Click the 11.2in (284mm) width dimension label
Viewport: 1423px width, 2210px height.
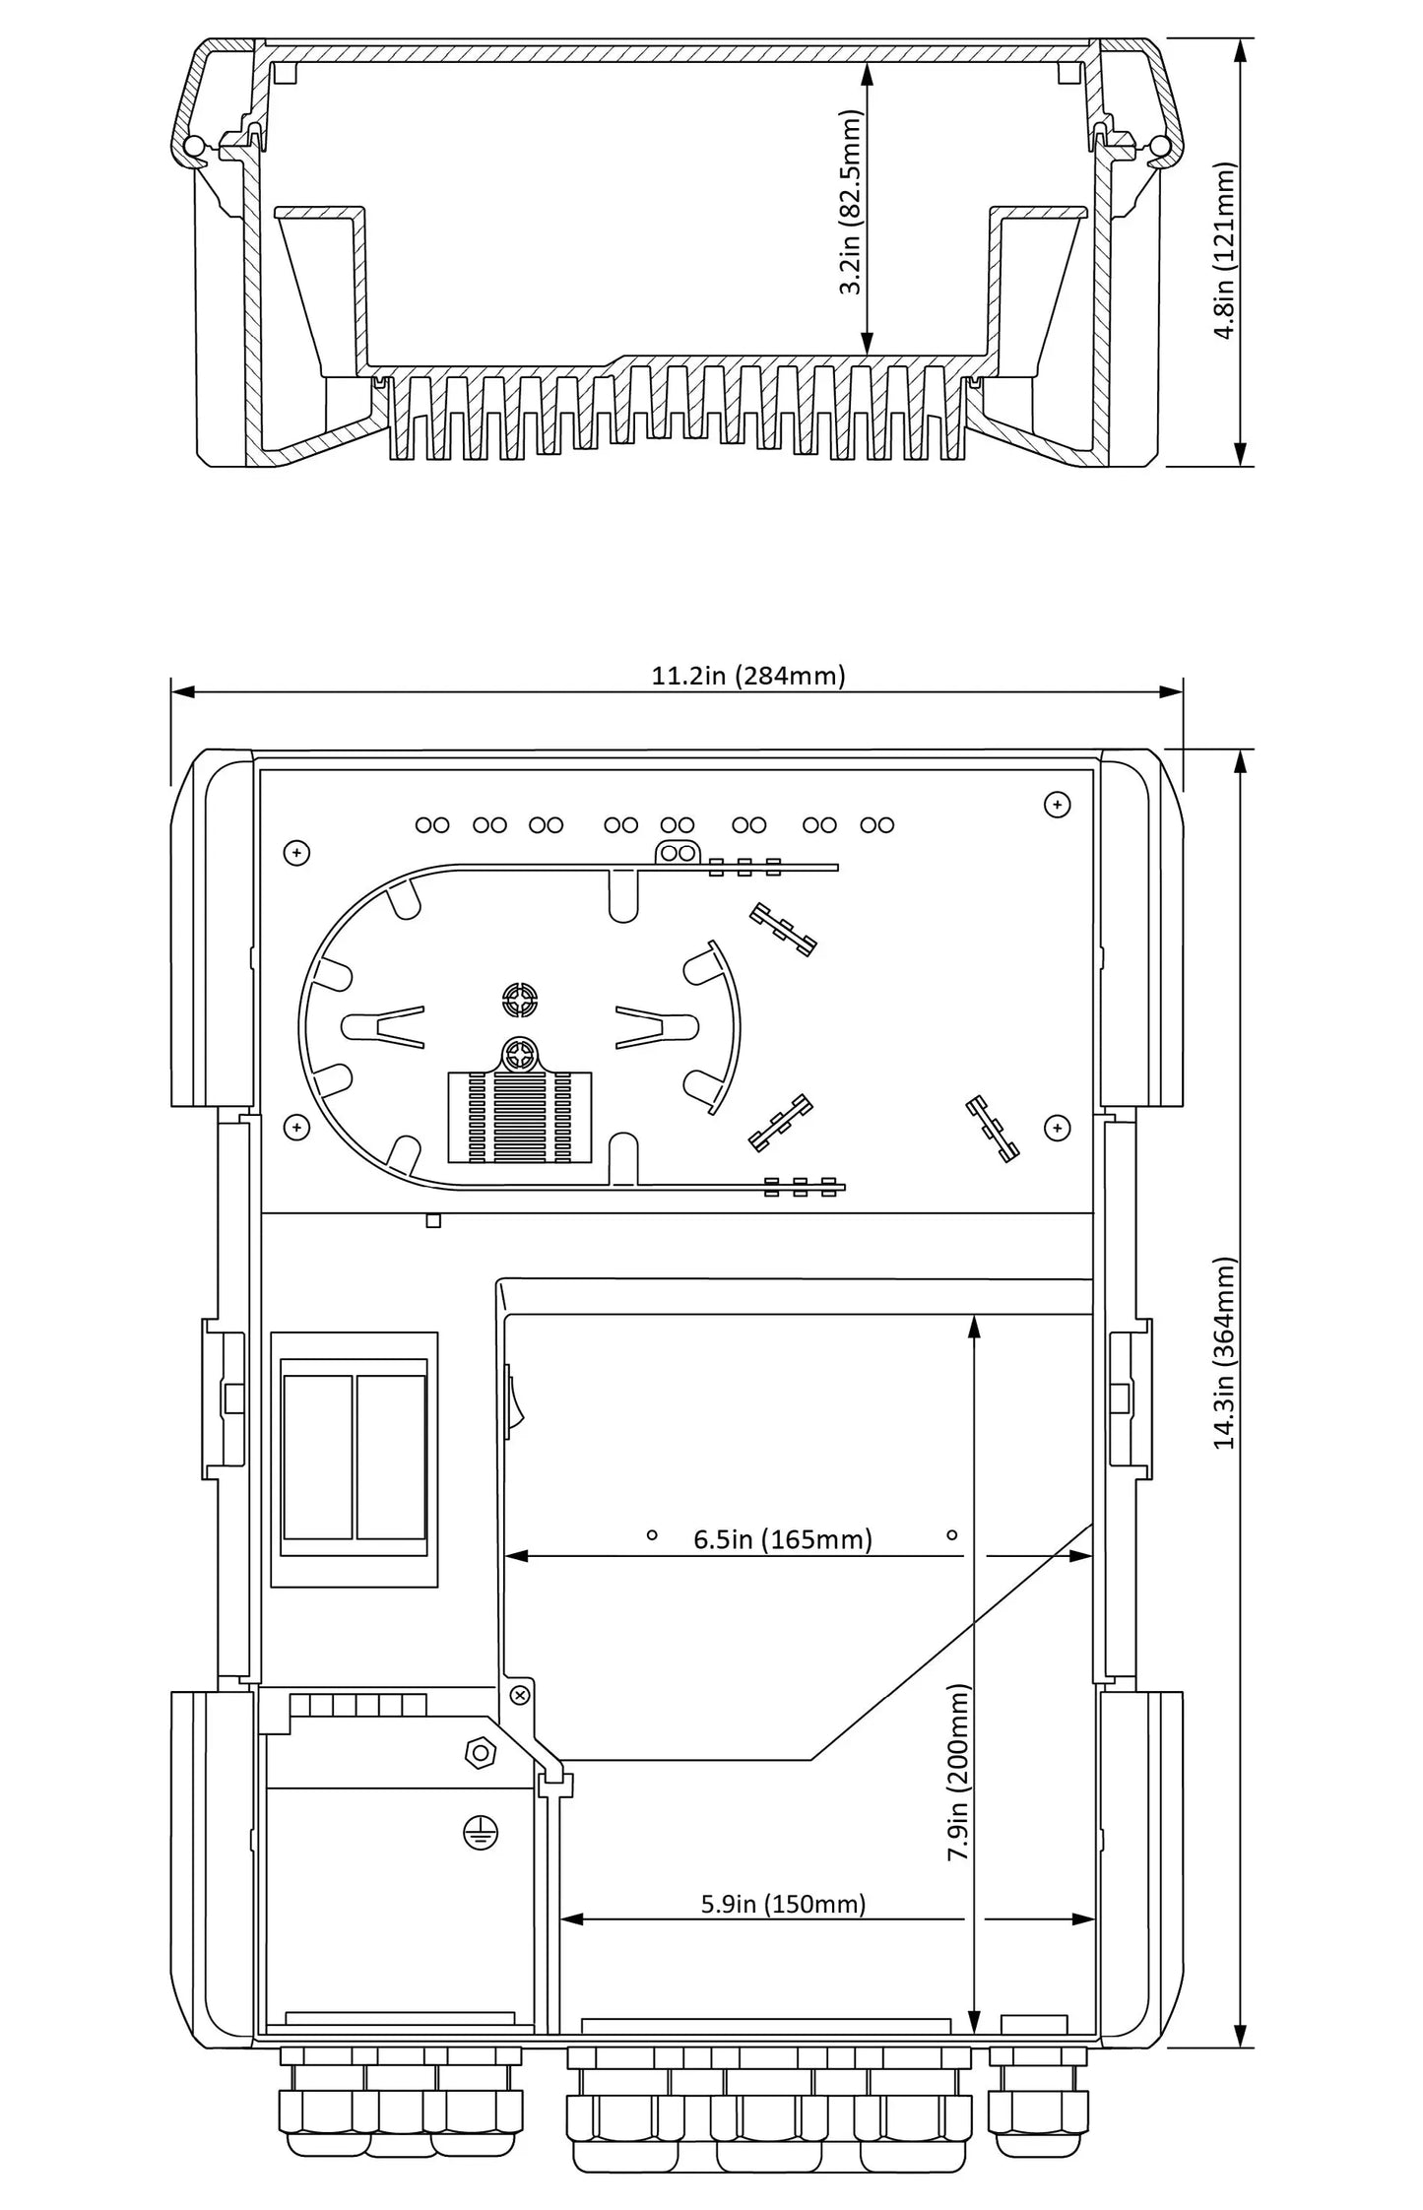[748, 676]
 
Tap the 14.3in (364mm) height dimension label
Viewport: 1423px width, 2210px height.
[1224, 1353]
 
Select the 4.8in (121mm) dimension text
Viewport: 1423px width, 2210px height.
[1224, 251]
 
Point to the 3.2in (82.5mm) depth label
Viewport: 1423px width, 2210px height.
[851, 202]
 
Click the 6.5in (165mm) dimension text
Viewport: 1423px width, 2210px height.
[783, 1540]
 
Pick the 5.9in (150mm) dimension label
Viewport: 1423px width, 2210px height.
[783, 1904]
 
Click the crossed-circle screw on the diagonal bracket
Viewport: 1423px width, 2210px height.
[521, 1694]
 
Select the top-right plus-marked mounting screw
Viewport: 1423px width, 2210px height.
[1057, 806]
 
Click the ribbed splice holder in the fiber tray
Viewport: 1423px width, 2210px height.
[520, 1116]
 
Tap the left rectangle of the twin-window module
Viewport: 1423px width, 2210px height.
[317, 1458]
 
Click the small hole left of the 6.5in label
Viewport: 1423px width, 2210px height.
[651, 1534]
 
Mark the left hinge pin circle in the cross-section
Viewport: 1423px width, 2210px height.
[194, 147]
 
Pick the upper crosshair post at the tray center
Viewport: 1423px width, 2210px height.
[519, 1002]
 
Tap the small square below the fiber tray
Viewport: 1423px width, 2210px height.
[432, 1221]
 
